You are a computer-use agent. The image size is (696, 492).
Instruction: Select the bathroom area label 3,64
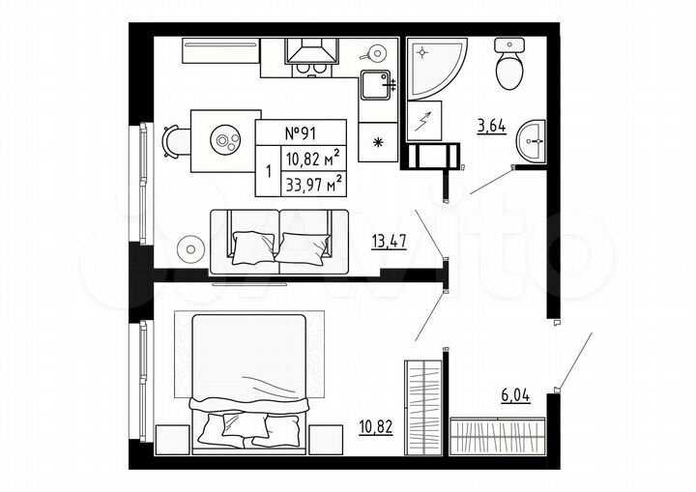pos(492,124)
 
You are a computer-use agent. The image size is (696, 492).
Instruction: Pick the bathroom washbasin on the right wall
pos(531,142)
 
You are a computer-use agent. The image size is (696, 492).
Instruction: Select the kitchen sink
pos(375,86)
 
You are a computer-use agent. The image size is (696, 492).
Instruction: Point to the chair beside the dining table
pos(172,142)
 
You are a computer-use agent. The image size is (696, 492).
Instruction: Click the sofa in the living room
pos(279,241)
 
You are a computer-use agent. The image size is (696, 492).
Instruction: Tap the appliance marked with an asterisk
pos(377,142)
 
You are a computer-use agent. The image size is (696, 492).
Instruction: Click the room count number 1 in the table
pos(268,171)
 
